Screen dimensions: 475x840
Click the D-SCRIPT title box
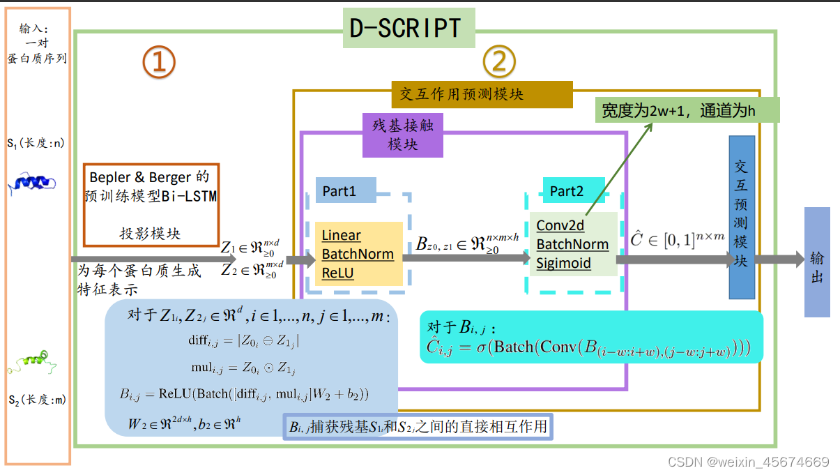(x=408, y=28)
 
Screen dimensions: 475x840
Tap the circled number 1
(x=159, y=63)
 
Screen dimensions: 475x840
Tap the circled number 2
(x=499, y=63)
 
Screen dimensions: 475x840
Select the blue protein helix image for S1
(x=31, y=182)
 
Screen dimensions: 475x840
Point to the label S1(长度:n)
(x=36, y=143)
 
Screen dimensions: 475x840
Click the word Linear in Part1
(x=341, y=236)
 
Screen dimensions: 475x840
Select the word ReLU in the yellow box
(x=337, y=273)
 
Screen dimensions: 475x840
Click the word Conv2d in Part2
(x=560, y=226)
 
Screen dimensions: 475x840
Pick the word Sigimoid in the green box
(x=563, y=263)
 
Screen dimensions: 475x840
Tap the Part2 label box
(x=566, y=190)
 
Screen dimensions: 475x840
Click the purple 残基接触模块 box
(x=402, y=135)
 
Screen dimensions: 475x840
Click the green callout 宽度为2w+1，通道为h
(x=687, y=111)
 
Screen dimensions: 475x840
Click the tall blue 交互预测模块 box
(x=741, y=217)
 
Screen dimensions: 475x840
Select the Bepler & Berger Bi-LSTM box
(x=151, y=205)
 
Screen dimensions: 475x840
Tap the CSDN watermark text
(x=748, y=462)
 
